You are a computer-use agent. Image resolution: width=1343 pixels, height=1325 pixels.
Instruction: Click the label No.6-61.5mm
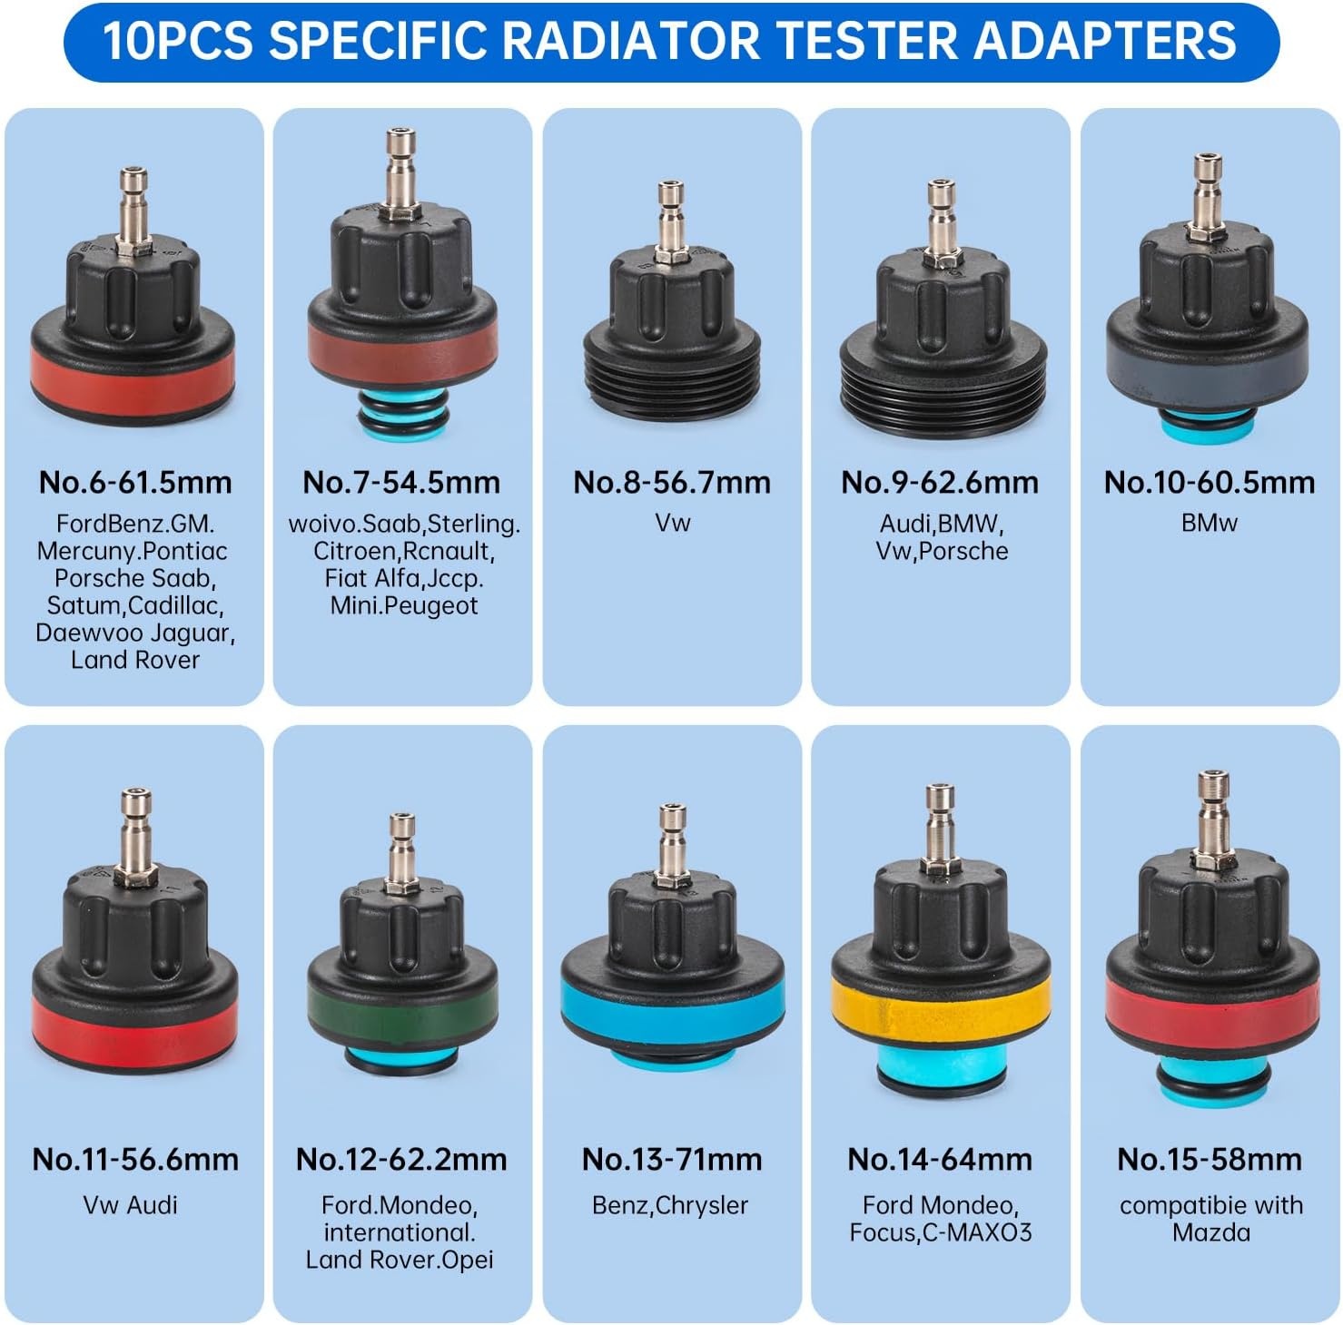135,482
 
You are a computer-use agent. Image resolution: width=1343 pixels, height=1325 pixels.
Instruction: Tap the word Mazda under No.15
1211,1232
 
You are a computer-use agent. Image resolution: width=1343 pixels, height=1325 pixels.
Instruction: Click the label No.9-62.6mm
940,482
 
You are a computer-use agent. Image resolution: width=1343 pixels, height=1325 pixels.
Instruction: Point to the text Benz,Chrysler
670,1205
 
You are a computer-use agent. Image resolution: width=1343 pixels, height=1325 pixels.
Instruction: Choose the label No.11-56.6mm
135,1159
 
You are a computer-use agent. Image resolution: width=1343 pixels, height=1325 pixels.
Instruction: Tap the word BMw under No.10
1210,523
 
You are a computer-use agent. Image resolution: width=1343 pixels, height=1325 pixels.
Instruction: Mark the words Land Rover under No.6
135,660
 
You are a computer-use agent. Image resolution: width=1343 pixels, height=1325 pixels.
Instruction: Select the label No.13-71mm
672,1159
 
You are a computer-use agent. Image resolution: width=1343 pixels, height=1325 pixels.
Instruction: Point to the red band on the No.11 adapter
135,1026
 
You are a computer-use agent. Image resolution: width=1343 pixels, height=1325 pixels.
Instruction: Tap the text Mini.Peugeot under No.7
403,606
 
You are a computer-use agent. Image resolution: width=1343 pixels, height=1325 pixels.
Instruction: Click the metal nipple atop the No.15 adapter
1211,817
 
